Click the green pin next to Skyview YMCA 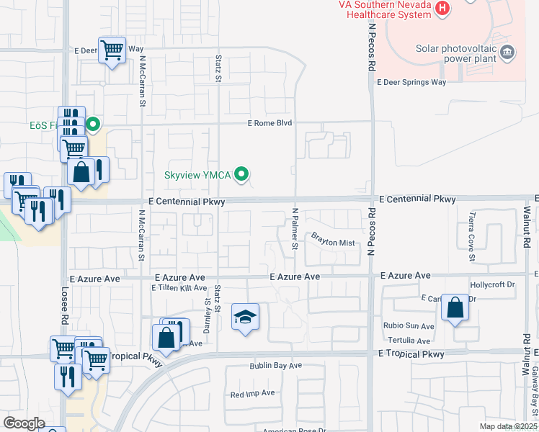pos(243,174)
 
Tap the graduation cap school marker pos(245,317)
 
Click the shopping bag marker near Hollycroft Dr pos(455,307)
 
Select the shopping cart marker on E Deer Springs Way pos(112,50)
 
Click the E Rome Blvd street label pos(270,123)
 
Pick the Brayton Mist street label pos(334,243)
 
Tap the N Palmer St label pos(295,229)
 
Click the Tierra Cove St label pos(472,237)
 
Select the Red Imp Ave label pos(252,393)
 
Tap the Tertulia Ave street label pos(409,341)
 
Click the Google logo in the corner pos(24,423)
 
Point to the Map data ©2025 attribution pos(508,426)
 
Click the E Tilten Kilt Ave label pos(179,288)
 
